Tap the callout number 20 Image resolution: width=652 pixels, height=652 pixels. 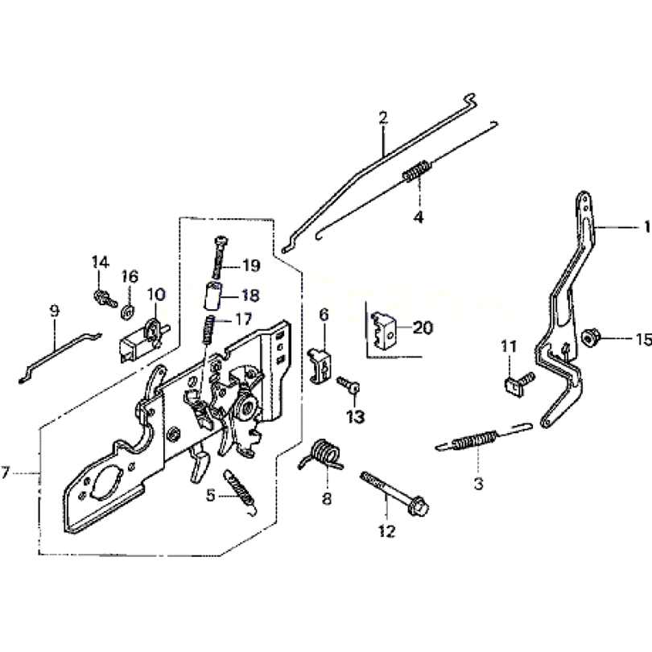point(423,328)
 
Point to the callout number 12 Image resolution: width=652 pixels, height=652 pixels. point(386,531)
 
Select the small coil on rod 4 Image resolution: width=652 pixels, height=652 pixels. point(416,173)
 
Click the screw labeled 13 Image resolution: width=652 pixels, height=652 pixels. point(348,386)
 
